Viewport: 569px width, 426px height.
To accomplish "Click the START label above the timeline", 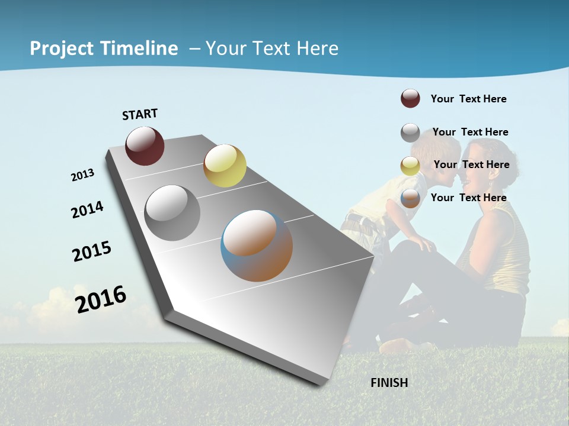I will tap(140, 114).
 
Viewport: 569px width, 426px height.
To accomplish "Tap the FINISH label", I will tap(389, 383).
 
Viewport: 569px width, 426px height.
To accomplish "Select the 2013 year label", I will tap(83, 175).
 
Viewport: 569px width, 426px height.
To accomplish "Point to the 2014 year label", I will tap(88, 209).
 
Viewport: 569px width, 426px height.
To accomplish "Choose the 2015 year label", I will tap(92, 251).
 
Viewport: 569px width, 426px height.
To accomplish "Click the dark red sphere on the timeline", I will tap(145, 146).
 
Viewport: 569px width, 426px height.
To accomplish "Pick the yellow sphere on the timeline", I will tap(225, 166).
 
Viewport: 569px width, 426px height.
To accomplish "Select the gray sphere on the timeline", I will tap(172, 212).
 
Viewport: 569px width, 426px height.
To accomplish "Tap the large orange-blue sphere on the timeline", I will tap(257, 246).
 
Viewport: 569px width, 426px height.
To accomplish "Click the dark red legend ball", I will tap(410, 98).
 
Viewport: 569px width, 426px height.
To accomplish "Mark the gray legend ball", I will tap(410, 133).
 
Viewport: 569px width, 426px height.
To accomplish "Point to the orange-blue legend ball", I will tap(410, 199).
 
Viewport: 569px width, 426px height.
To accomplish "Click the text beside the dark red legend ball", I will tap(468, 99).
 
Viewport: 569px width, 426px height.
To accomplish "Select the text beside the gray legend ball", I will tap(470, 132).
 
